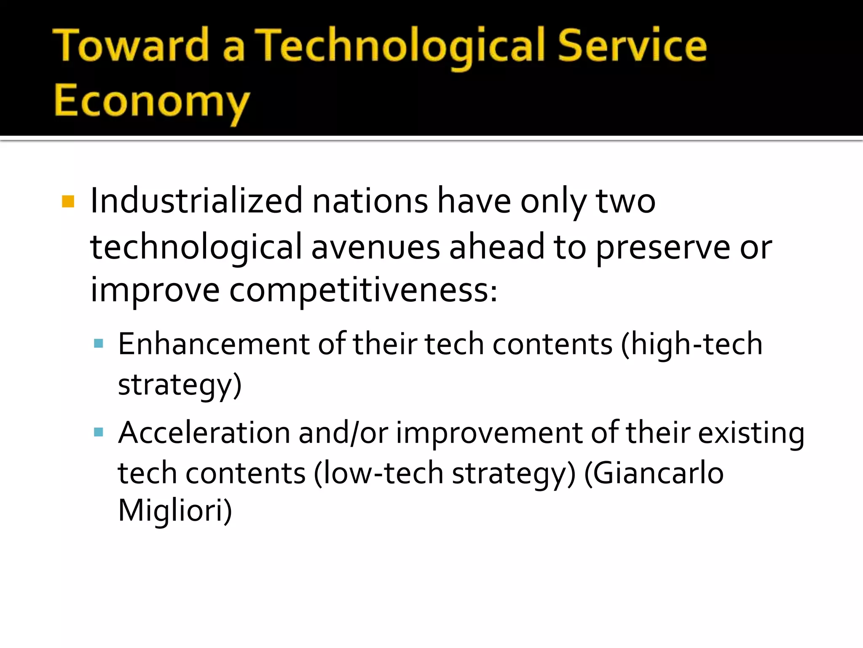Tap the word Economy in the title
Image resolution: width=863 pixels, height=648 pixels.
(x=152, y=101)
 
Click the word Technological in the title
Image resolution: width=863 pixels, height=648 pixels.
(x=400, y=46)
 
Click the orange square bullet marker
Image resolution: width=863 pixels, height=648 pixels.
(x=68, y=201)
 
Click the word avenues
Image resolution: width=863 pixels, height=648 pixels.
(x=375, y=247)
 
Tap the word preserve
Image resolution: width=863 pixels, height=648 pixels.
(x=662, y=248)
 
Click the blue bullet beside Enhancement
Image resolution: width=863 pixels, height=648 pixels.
(x=99, y=343)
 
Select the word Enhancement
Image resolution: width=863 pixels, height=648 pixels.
(x=214, y=344)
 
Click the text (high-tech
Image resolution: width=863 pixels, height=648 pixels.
(x=691, y=344)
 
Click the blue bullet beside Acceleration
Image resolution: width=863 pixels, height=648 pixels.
(x=99, y=432)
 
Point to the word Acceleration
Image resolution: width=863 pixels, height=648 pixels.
(x=204, y=432)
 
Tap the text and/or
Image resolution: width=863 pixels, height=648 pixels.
(x=343, y=432)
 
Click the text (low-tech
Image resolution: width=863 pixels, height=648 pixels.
(x=378, y=473)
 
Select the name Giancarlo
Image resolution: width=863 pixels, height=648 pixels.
(x=654, y=473)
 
